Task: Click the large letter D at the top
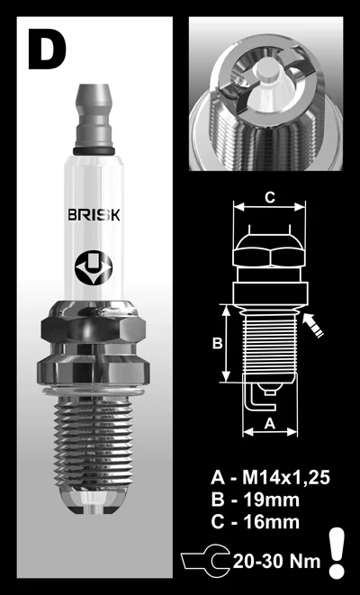[47, 49]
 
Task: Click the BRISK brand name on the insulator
[94, 215]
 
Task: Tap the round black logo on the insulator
[94, 268]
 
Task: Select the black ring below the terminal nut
[94, 151]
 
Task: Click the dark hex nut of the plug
[94, 327]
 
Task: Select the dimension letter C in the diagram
[269, 197]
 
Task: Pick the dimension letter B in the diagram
[217, 344]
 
